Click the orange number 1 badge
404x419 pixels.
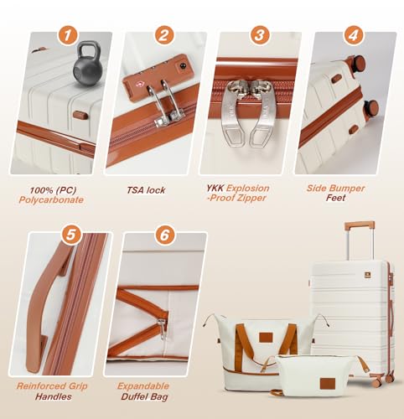[67, 35]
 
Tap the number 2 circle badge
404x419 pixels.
[164, 35]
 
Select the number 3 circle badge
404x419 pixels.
[260, 35]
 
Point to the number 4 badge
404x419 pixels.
[354, 35]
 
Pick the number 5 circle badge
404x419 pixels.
[71, 235]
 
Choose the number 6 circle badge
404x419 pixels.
[164, 235]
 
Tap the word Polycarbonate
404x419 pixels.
[51, 200]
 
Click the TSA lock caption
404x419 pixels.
[146, 190]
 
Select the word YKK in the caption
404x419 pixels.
[215, 188]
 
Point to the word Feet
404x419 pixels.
[335, 198]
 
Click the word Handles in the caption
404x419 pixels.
[53, 396]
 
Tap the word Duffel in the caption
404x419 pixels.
[132, 396]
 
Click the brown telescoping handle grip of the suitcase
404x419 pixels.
[360, 225]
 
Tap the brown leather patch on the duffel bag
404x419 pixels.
[266, 337]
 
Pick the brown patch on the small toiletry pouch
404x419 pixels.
[328, 383]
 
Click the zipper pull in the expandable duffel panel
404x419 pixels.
[162, 328]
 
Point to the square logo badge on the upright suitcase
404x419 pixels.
[368, 276]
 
